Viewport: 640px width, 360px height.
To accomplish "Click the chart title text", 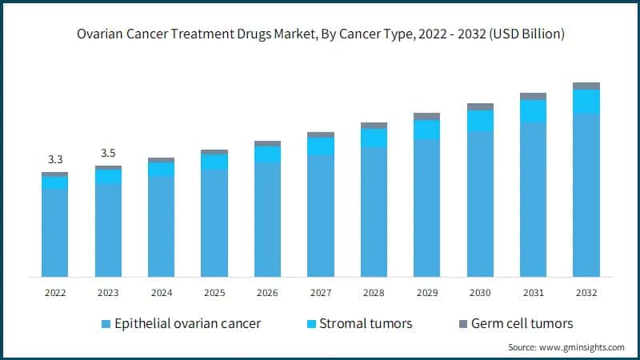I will (x=320, y=34).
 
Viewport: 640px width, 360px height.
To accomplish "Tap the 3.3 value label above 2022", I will (x=54, y=159).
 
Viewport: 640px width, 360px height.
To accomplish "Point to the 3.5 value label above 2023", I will (x=108, y=153).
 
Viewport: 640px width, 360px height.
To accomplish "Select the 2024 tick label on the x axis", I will (x=161, y=293).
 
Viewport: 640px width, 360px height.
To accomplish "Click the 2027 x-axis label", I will (x=320, y=293).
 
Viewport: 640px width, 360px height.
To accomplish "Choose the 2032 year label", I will (x=586, y=293).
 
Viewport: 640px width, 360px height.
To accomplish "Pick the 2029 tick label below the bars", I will (x=426, y=293).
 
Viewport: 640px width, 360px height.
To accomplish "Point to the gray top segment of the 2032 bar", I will (x=586, y=86).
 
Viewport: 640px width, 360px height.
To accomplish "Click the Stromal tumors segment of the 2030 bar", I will (x=480, y=120).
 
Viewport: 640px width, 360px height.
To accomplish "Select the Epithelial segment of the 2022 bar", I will (x=54, y=232).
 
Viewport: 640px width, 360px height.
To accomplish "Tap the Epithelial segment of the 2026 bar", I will (x=267, y=219).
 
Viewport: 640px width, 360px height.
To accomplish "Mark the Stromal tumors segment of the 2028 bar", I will (x=374, y=138).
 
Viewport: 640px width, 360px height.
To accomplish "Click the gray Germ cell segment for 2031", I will (x=533, y=96).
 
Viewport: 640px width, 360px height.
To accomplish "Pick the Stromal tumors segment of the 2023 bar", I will (x=108, y=176).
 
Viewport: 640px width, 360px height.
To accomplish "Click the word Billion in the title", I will (x=541, y=34).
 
